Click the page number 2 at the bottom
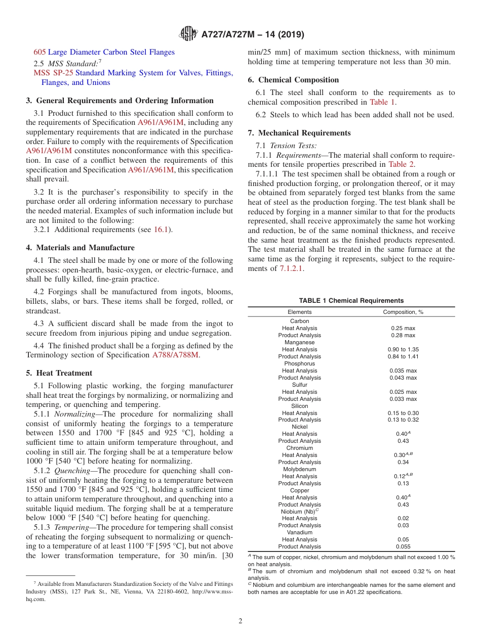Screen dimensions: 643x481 coord(240,621)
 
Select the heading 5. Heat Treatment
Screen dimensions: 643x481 coord(59,373)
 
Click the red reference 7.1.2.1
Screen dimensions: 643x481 coord(291,269)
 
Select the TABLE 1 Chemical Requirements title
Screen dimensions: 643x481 coord(351,300)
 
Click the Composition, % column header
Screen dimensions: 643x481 coord(403,312)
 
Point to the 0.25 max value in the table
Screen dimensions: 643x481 coord(403,328)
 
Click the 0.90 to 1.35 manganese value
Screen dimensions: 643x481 coord(403,349)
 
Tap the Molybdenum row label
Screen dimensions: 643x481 coord(300,469)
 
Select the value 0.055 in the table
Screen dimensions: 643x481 coord(403,546)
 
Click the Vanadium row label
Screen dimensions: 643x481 coord(300,532)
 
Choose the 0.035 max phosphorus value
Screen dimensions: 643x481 coord(403,371)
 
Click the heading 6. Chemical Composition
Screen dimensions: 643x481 coord(293,80)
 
